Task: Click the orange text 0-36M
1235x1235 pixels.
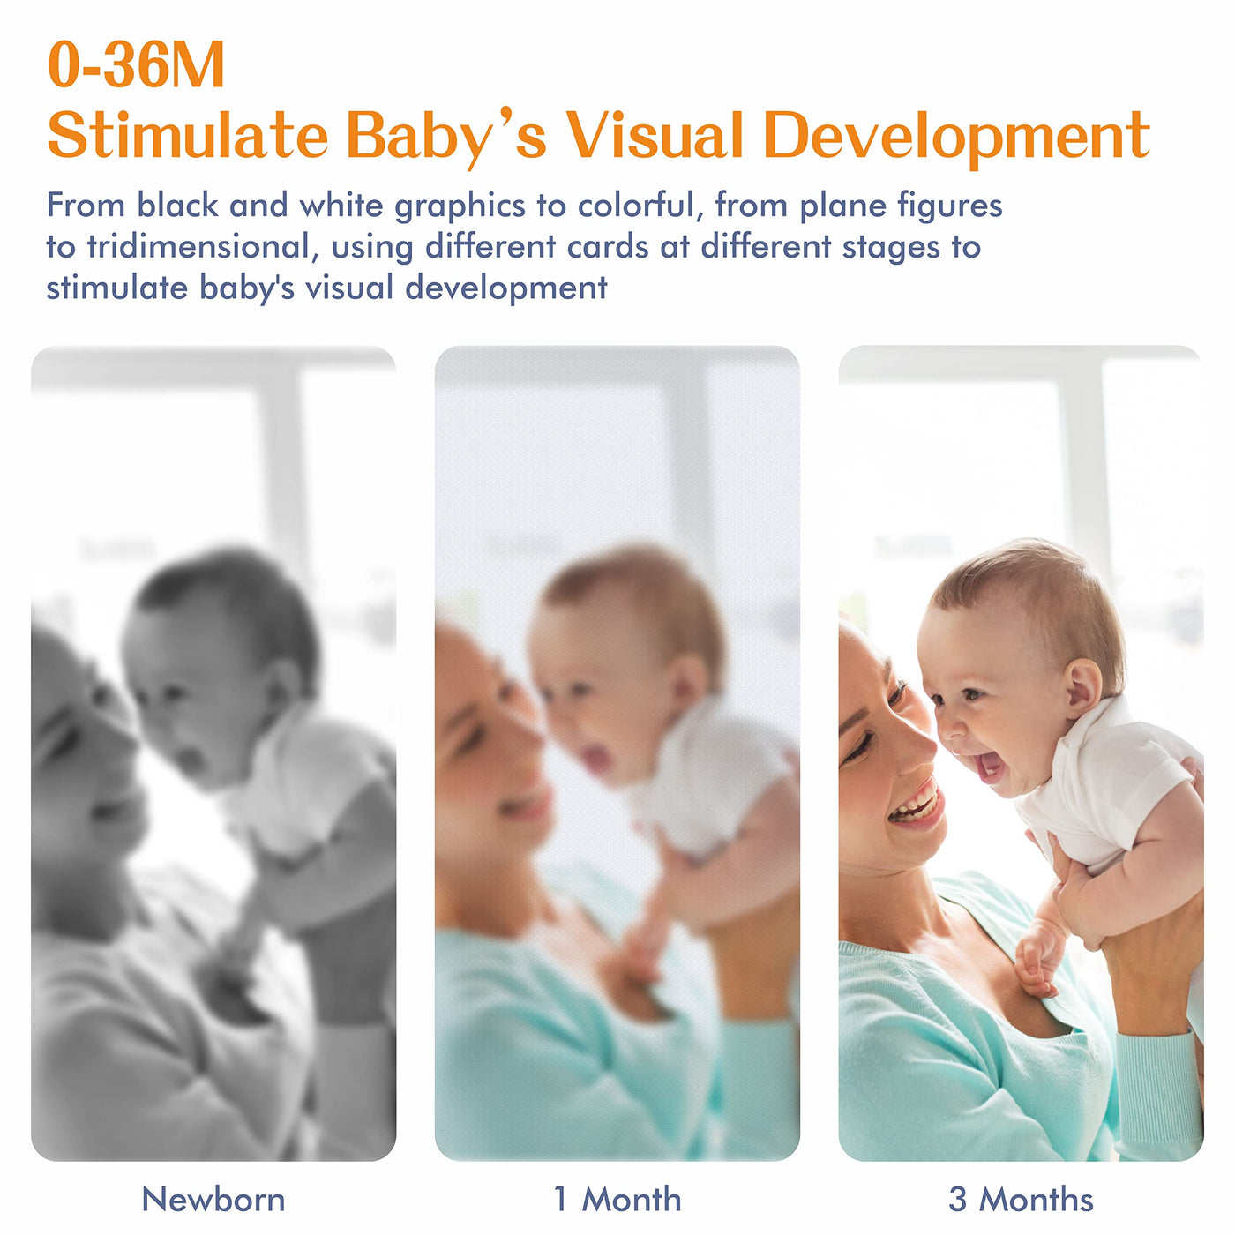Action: pos(136,64)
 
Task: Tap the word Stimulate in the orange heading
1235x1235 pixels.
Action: pos(187,136)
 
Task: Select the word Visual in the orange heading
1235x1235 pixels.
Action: pos(655,136)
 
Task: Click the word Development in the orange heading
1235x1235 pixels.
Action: pos(956,138)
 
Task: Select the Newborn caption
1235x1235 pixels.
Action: pos(213,1199)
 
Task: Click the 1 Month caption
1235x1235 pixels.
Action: pos(617,1199)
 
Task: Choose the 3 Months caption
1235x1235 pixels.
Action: pos(1021,1199)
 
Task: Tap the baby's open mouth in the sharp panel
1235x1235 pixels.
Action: pos(989,766)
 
